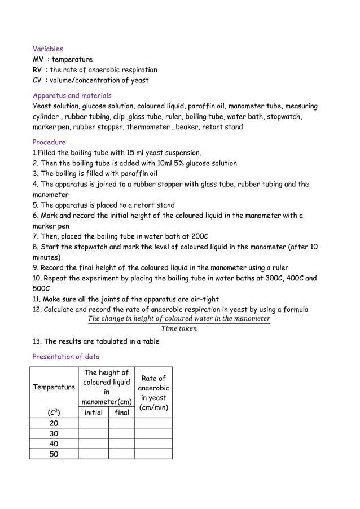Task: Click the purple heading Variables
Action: point(48,49)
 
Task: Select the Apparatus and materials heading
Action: point(72,96)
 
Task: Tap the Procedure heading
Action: point(49,142)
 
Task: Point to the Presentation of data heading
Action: point(66,357)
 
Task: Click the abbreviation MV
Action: point(38,59)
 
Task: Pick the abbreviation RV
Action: point(38,70)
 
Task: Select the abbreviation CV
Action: point(38,80)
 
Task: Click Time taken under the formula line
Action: point(179,328)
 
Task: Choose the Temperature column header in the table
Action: point(54,387)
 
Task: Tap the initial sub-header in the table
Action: point(93,413)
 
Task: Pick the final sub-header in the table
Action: point(121,413)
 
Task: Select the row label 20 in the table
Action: point(54,423)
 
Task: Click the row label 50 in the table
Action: point(54,454)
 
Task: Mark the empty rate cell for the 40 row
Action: point(153,444)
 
